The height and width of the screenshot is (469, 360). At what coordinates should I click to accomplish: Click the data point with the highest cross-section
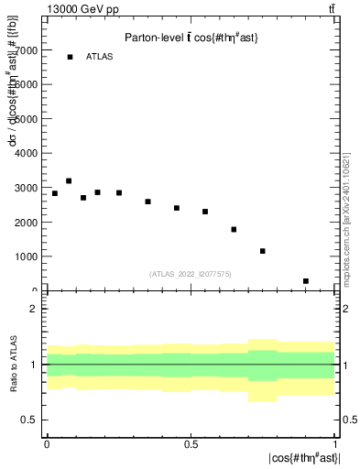point(69,181)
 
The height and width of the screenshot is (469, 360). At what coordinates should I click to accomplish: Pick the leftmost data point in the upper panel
point(55,193)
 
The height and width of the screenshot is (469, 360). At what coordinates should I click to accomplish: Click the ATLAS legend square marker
point(70,57)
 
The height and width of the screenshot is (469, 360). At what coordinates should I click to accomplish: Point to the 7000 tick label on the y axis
point(26,50)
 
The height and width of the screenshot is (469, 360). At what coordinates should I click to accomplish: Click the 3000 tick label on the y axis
point(26,188)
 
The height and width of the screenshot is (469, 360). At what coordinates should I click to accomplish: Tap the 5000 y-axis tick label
point(26,119)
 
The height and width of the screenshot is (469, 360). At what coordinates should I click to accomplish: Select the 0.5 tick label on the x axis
point(191,443)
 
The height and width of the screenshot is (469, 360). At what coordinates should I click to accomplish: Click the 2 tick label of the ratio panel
point(33,309)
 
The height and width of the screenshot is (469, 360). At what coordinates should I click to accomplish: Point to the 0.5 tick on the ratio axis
point(28,420)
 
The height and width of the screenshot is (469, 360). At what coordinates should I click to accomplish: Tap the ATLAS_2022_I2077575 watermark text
point(190,273)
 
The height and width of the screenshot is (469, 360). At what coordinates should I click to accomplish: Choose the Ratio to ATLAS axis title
point(12,366)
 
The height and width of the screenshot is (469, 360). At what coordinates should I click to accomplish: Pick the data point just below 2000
point(234,229)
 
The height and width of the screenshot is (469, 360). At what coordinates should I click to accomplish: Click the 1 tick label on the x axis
point(334,443)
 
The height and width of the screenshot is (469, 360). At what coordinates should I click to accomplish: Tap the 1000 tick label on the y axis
point(26,256)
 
